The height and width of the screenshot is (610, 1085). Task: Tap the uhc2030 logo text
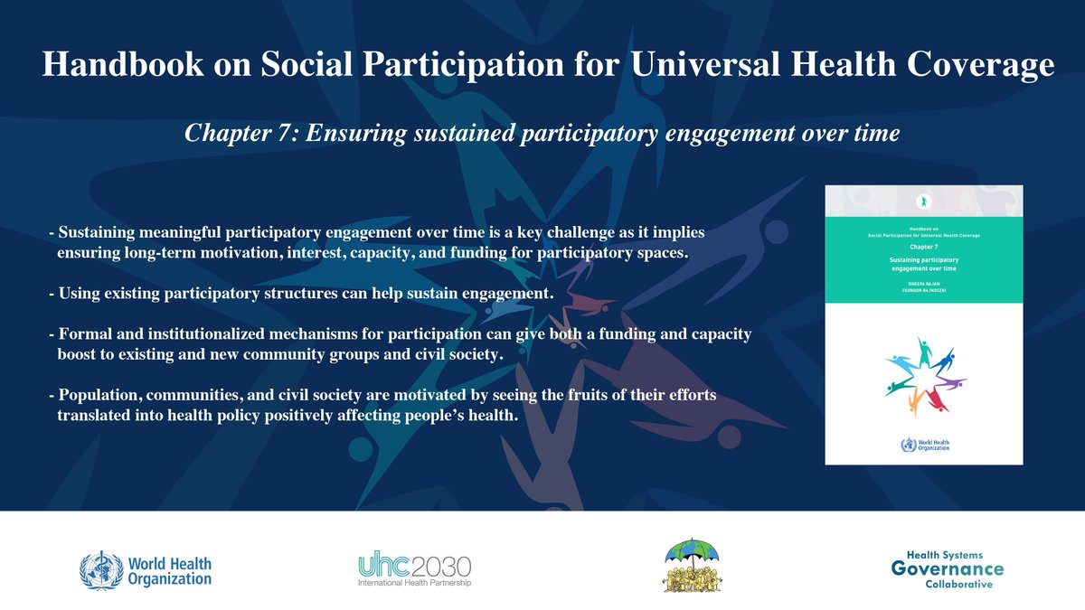click(x=414, y=567)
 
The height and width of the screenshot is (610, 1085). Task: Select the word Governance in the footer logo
click(x=947, y=568)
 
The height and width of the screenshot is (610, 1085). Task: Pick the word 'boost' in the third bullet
click(x=79, y=356)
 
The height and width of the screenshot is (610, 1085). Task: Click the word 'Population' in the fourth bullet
click(x=101, y=398)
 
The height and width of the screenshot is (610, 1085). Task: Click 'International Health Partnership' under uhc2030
click(x=414, y=583)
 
